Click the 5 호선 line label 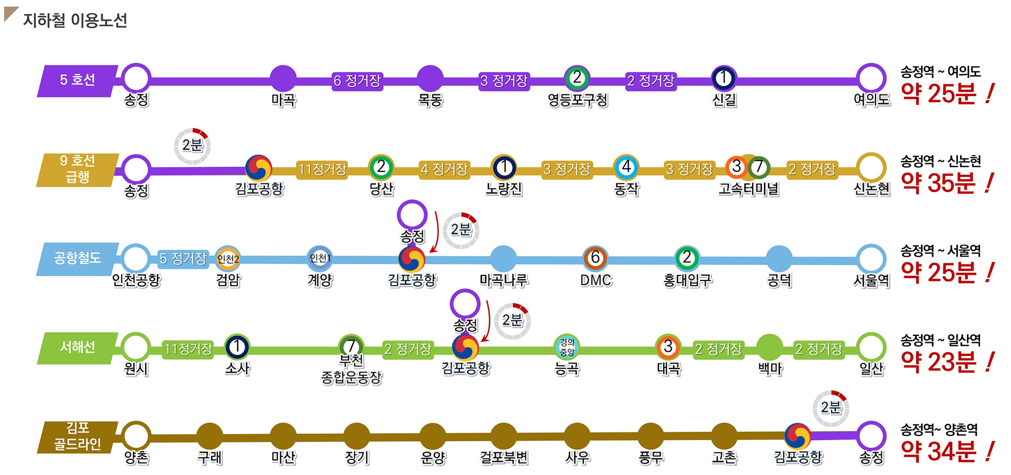(77, 80)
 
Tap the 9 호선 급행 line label (77, 169)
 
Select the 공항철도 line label (77, 258)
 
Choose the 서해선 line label (77, 348)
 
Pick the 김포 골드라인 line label (77, 437)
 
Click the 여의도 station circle (871, 78)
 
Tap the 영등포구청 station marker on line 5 (577, 78)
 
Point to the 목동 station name (430, 100)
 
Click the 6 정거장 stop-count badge (357, 81)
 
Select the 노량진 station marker (504, 167)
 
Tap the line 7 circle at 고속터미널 (759, 167)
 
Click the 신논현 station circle (871, 167)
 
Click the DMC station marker (595, 258)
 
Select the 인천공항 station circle (135, 258)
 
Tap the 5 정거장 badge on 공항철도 (183, 259)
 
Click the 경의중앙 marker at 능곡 (567, 347)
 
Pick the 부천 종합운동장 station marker (351, 346)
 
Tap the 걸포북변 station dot (504, 436)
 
